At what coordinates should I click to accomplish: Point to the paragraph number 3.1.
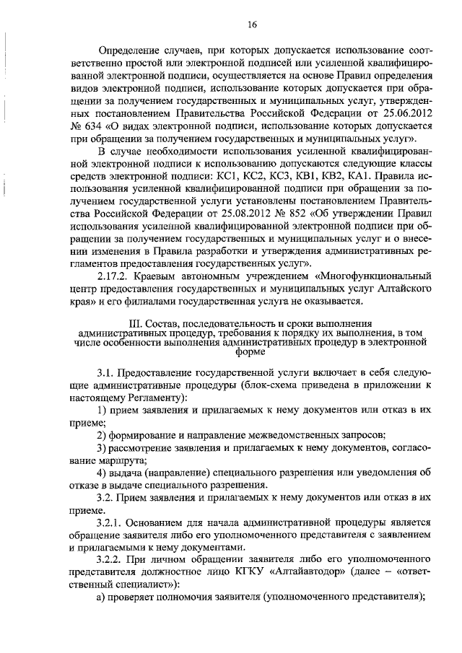(105, 372)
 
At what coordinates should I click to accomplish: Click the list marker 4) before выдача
(101, 472)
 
